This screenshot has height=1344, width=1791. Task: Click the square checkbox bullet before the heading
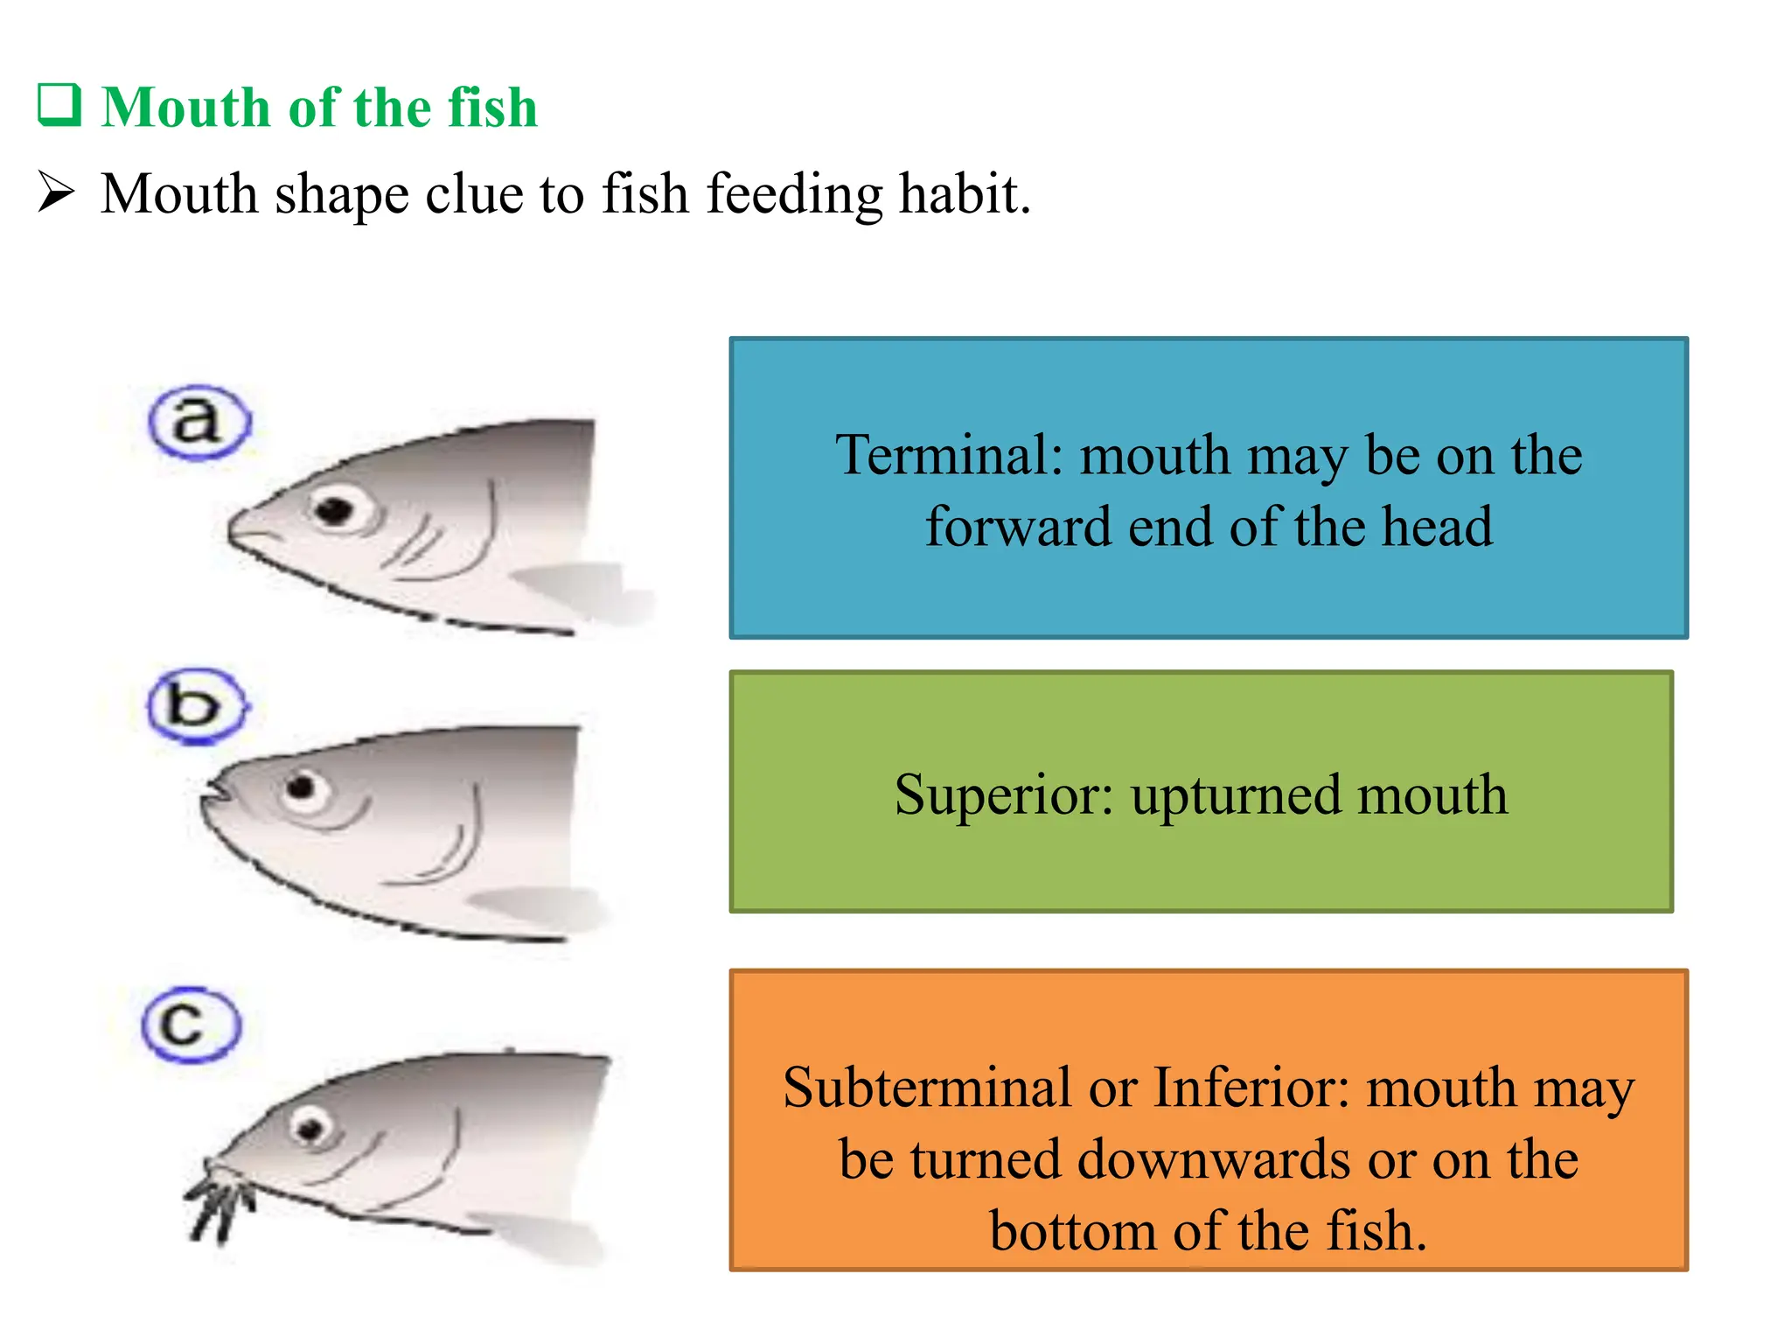click(59, 106)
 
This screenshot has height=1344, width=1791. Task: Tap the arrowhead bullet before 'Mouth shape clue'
click(56, 192)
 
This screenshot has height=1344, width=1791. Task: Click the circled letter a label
click(199, 422)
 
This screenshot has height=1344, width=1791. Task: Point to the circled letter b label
click(197, 705)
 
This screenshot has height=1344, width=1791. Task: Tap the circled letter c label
click(190, 1024)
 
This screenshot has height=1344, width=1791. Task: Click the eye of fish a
click(335, 509)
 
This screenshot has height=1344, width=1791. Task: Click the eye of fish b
click(302, 787)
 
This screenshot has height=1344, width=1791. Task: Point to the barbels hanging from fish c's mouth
click(220, 1203)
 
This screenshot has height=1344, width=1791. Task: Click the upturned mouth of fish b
click(215, 788)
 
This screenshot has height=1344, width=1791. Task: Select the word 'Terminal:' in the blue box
click(949, 455)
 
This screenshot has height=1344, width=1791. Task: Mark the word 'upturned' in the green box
click(1235, 796)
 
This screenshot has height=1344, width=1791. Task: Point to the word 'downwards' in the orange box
click(1216, 1159)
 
